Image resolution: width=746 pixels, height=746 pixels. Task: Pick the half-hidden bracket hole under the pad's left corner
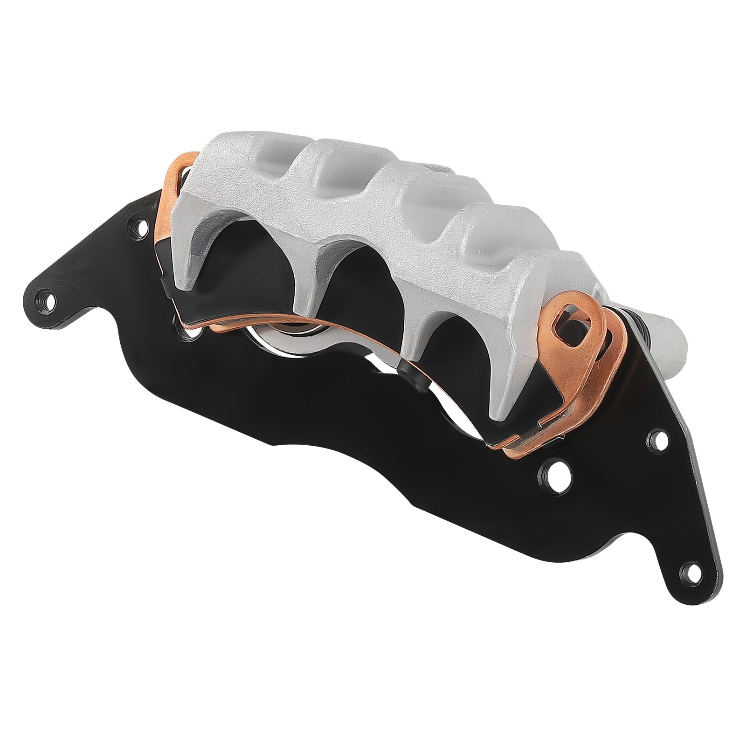pos(180,322)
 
